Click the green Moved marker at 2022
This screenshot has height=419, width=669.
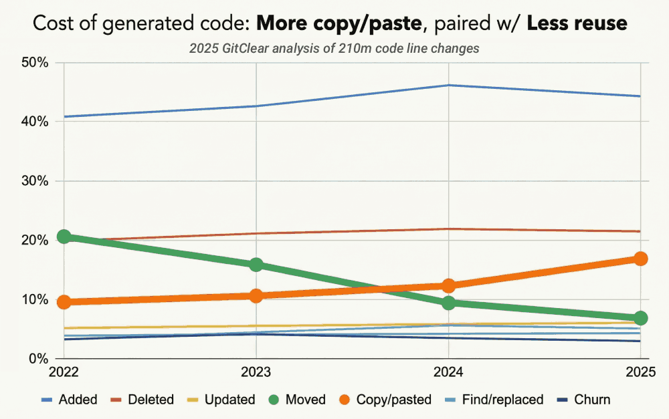pos(64,237)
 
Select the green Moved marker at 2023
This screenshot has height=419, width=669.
pos(256,265)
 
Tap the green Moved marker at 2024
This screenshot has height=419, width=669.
pos(448,303)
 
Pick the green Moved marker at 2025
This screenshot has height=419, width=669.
pos(640,317)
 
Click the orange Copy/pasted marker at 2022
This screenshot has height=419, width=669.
pos(64,302)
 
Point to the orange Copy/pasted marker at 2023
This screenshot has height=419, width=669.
pos(256,295)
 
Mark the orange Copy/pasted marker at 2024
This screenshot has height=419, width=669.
pos(448,285)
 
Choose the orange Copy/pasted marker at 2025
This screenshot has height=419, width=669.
pos(640,259)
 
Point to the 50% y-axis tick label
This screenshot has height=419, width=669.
pos(34,63)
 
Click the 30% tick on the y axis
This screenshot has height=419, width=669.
pos(34,181)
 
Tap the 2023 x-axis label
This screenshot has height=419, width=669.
pos(256,372)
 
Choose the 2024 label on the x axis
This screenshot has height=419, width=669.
pos(448,372)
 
